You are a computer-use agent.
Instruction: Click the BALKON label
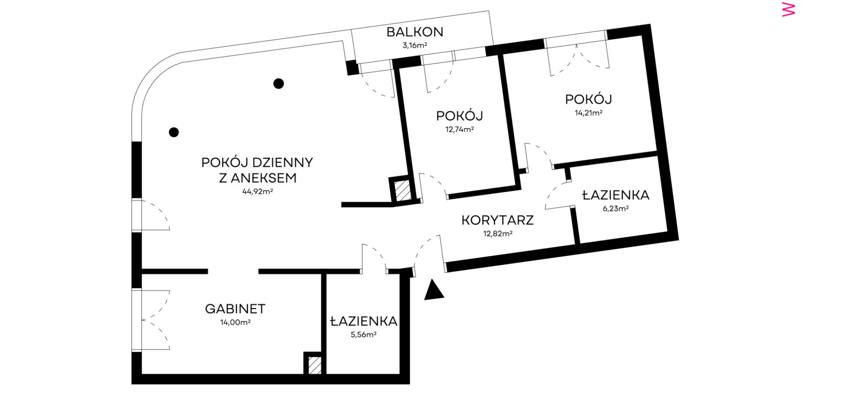(415, 32)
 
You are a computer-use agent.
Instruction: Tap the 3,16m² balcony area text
(415, 45)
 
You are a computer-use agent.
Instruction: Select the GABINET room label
(235, 309)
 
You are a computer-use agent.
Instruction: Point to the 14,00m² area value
(235, 322)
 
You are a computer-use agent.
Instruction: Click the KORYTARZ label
(498, 220)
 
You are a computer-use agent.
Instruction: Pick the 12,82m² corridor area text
(498, 234)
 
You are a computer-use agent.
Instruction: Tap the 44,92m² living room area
(258, 192)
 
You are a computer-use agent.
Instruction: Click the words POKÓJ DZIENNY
(257, 163)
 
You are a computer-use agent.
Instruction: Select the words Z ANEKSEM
(258, 178)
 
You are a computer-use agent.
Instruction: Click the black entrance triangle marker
(433, 290)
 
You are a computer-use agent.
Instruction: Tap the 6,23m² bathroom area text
(616, 208)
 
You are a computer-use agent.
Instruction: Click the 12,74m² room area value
(459, 130)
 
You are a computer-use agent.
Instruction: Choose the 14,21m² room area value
(588, 113)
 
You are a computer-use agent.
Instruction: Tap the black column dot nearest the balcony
(279, 83)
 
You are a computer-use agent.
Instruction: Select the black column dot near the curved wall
(174, 132)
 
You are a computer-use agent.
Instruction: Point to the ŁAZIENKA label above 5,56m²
(364, 321)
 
